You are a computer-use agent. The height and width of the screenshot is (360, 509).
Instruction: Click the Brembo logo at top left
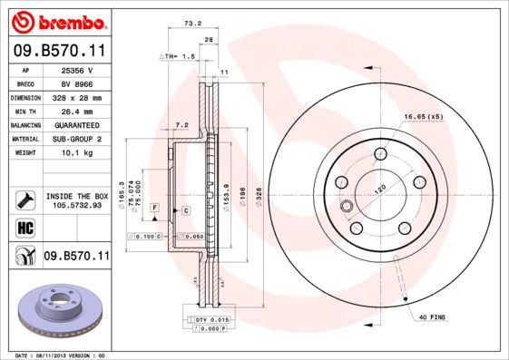tap(56, 19)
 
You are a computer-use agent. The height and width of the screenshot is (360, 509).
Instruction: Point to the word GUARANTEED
tap(75, 124)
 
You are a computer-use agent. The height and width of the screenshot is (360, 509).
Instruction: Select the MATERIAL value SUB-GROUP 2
tap(75, 139)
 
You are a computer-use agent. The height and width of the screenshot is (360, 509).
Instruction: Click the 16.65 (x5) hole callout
tap(423, 116)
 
